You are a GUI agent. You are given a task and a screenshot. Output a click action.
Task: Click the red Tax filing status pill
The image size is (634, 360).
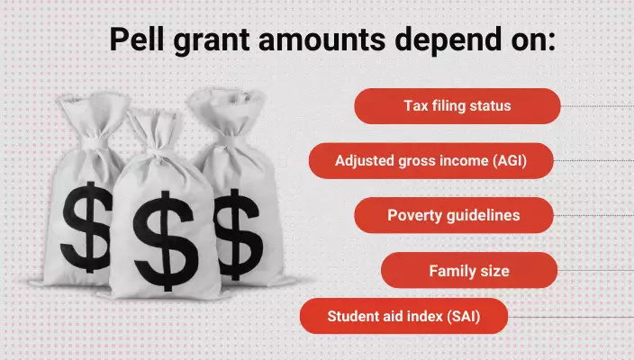[457, 106]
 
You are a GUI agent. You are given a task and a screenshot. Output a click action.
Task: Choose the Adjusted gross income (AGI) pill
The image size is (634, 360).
[430, 161]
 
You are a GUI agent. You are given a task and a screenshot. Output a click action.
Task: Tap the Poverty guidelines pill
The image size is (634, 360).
[453, 215]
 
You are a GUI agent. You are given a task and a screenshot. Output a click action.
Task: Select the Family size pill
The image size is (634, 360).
[468, 270]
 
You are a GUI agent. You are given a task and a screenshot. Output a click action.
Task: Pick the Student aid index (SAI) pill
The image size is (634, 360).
[404, 316]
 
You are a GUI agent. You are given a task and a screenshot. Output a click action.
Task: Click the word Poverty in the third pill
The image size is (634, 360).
[413, 215]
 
